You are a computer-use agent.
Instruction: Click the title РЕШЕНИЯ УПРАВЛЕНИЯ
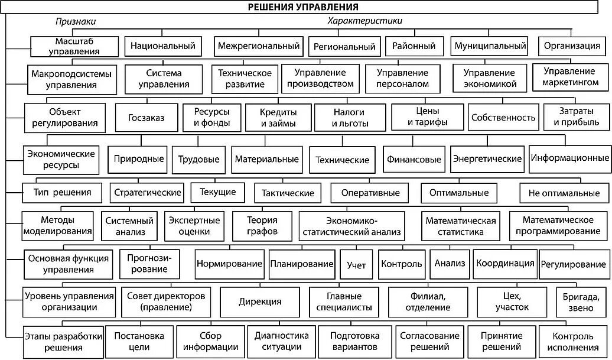(x=307, y=7)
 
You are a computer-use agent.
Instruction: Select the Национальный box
(x=163, y=46)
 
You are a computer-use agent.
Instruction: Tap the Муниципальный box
(x=489, y=45)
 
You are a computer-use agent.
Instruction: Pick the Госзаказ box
(x=146, y=118)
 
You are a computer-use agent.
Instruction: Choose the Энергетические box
(x=487, y=158)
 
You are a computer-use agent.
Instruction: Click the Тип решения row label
(x=57, y=192)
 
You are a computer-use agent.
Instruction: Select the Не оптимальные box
(x=564, y=193)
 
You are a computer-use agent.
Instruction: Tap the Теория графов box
(x=262, y=225)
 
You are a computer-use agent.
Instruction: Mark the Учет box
(x=356, y=265)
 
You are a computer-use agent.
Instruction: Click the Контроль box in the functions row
(x=402, y=264)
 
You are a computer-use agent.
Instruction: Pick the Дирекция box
(x=260, y=301)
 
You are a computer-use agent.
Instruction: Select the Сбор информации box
(x=210, y=342)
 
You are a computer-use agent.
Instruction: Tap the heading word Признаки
(x=76, y=21)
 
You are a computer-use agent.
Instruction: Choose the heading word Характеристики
(x=364, y=21)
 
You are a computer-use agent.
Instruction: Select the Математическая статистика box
(x=460, y=225)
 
